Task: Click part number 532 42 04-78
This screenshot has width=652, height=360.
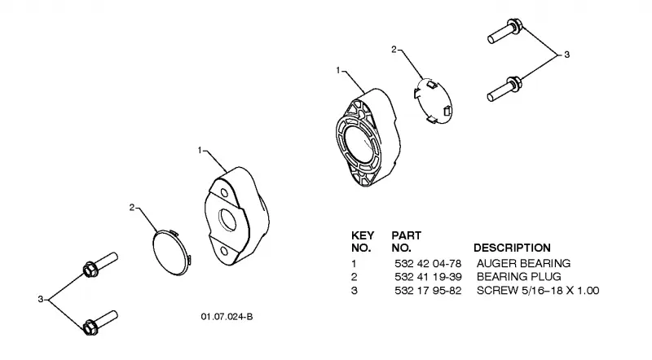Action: click(428, 264)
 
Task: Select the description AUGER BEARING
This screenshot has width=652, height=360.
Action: click(523, 264)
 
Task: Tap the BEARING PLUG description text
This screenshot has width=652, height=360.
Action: click(519, 277)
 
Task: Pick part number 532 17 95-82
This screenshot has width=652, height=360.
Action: click(428, 291)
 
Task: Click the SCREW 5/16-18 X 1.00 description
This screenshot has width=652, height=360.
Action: click(538, 291)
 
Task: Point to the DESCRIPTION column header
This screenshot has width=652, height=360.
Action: click(512, 248)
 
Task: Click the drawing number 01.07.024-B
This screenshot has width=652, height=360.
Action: click(227, 317)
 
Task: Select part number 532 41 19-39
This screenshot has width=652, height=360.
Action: click(428, 277)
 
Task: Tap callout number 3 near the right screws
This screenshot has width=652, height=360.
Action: click(566, 55)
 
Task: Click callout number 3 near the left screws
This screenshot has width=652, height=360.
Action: click(40, 299)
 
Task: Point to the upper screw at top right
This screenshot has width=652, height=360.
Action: click(504, 31)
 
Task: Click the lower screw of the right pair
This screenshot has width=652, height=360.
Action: click(504, 89)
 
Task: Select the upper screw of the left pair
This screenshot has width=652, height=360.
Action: click(100, 266)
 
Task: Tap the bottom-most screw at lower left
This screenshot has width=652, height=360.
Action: click(100, 323)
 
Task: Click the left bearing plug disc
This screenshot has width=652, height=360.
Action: click(171, 252)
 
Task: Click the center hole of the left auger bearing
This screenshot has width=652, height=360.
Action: click(228, 220)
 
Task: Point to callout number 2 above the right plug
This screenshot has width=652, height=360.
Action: click(394, 50)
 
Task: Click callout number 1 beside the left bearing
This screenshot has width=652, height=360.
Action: click(200, 150)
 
